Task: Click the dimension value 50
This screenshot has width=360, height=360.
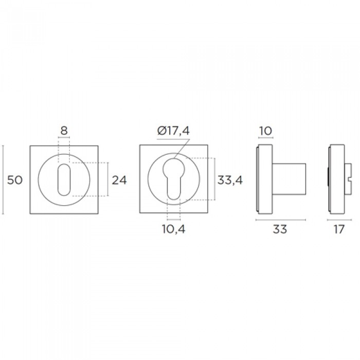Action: [x=15, y=180]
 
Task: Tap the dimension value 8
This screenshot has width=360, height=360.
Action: [x=64, y=131]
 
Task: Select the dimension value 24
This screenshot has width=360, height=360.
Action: [x=119, y=180]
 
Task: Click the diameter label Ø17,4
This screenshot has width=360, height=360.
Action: [x=174, y=131]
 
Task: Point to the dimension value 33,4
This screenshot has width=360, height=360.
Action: [x=230, y=180]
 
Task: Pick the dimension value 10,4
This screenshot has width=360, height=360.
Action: [x=174, y=229]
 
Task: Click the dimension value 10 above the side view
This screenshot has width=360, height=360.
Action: [x=266, y=131]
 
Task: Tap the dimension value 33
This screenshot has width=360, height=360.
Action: [x=280, y=229]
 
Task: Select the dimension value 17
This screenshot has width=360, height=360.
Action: [x=339, y=229]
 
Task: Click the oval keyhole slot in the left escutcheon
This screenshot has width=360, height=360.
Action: [x=64, y=180]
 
